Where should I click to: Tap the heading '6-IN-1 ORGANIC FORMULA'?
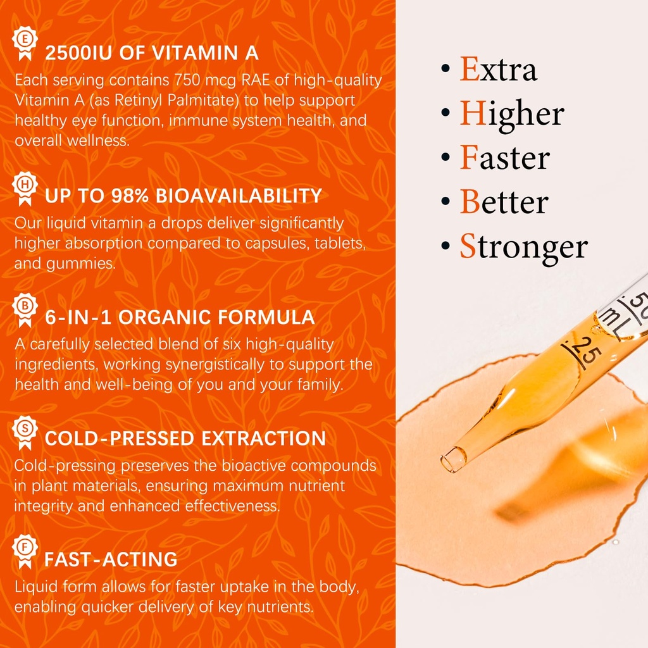click(x=180, y=318)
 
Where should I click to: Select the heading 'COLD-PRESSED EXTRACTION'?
click(x=185, y=439)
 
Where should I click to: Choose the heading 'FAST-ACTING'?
click(x=111, y=559)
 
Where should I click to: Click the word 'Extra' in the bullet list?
click(x=498, y=70)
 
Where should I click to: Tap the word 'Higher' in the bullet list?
click(x=511, y=115)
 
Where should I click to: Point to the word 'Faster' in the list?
click(x=504, y=158)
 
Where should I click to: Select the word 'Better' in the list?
click(x=504, y=202)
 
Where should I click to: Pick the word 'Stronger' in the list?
click(x=523, y=247)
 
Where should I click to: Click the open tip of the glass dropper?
click(x=452, y=459)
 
